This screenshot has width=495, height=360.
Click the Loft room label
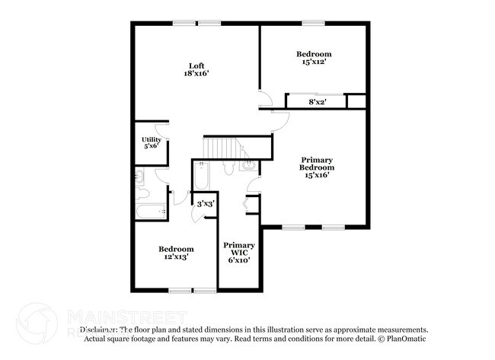[x=196, y=65]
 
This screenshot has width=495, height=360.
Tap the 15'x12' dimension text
[x=314, y=62]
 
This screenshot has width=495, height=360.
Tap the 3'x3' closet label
[x=205, y=204]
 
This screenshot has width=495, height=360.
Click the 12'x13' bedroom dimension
[x=176, y=257]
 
